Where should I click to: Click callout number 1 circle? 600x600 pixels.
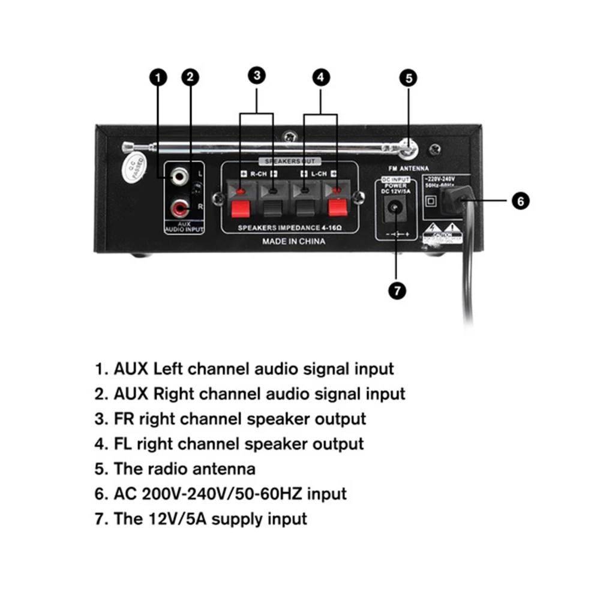pos(158,77)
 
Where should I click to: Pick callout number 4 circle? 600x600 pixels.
pos(320,77)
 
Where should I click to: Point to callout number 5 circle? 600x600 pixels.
pos(409,78)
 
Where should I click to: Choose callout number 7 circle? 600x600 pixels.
pos(397,290)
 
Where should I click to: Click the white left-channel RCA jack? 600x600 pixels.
pos(178,176)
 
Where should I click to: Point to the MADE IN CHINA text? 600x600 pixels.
pos(294,241)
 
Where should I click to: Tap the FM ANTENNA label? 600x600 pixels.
pos(409,169)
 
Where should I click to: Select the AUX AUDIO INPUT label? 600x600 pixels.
pos(184,227)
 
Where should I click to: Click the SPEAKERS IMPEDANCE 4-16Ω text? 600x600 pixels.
pos(290,228)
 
